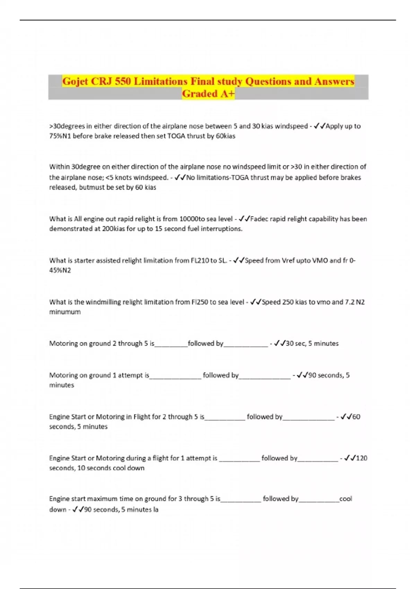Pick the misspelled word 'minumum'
pos(65,312)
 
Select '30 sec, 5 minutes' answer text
pos(312,343)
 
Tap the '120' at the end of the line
pos(362,458)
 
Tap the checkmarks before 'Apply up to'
pos(319,126)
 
